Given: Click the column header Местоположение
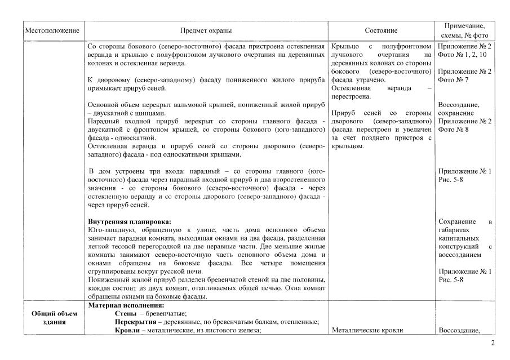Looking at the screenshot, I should point(51,30).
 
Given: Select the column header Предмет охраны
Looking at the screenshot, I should point(206,30).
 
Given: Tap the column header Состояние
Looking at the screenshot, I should point(381,30).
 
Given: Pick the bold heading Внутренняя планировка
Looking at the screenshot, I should point(130,221).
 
